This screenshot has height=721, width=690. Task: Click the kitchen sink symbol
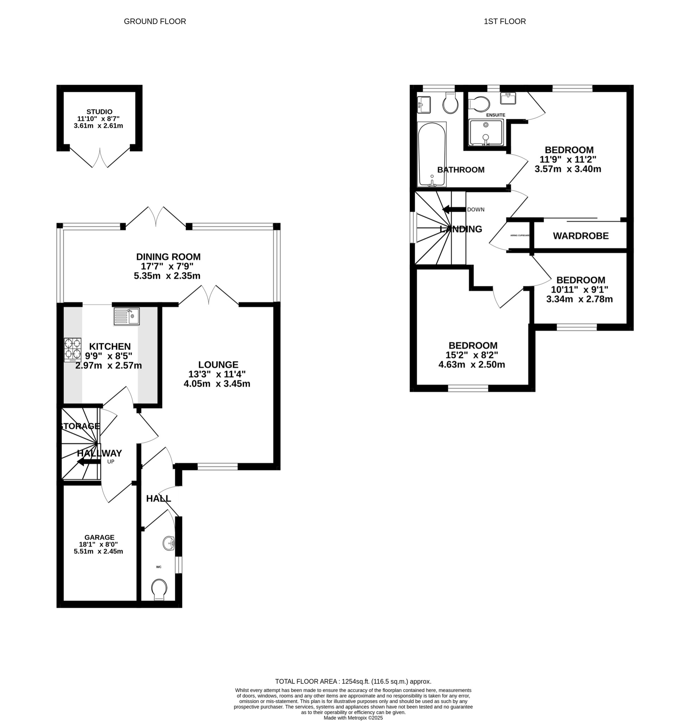pos(126,316)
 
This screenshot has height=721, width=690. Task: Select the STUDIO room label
pos(99,112)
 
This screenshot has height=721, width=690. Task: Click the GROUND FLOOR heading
pos(155,21)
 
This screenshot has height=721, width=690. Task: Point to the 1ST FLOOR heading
pos(504,21)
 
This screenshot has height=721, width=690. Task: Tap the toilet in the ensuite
pos(478,104)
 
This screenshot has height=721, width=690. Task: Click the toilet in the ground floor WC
pos(159,590)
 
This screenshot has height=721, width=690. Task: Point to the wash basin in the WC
pos(169,543)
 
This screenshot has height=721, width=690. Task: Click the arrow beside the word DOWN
pos(453,210)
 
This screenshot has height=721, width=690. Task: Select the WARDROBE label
pos(581,236)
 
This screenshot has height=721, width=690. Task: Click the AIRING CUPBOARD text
pos(520,236)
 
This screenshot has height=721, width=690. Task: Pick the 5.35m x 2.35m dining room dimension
pos(167,276)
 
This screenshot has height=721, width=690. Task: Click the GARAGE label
pos(99,537)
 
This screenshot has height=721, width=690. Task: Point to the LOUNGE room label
pos(218,364)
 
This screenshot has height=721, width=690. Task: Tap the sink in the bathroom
pos(424,105)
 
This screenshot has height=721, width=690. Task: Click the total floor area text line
pos(353,682)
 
